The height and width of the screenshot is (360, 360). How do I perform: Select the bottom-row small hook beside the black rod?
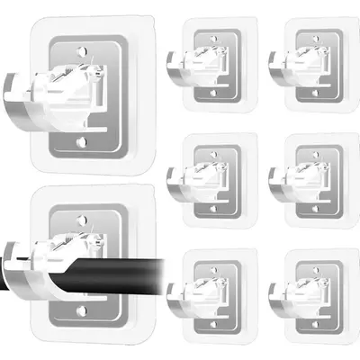click(211, 292)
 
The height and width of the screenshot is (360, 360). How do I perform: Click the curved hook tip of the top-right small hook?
click(276, 72)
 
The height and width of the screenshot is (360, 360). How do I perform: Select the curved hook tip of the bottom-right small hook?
click(276, 302)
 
